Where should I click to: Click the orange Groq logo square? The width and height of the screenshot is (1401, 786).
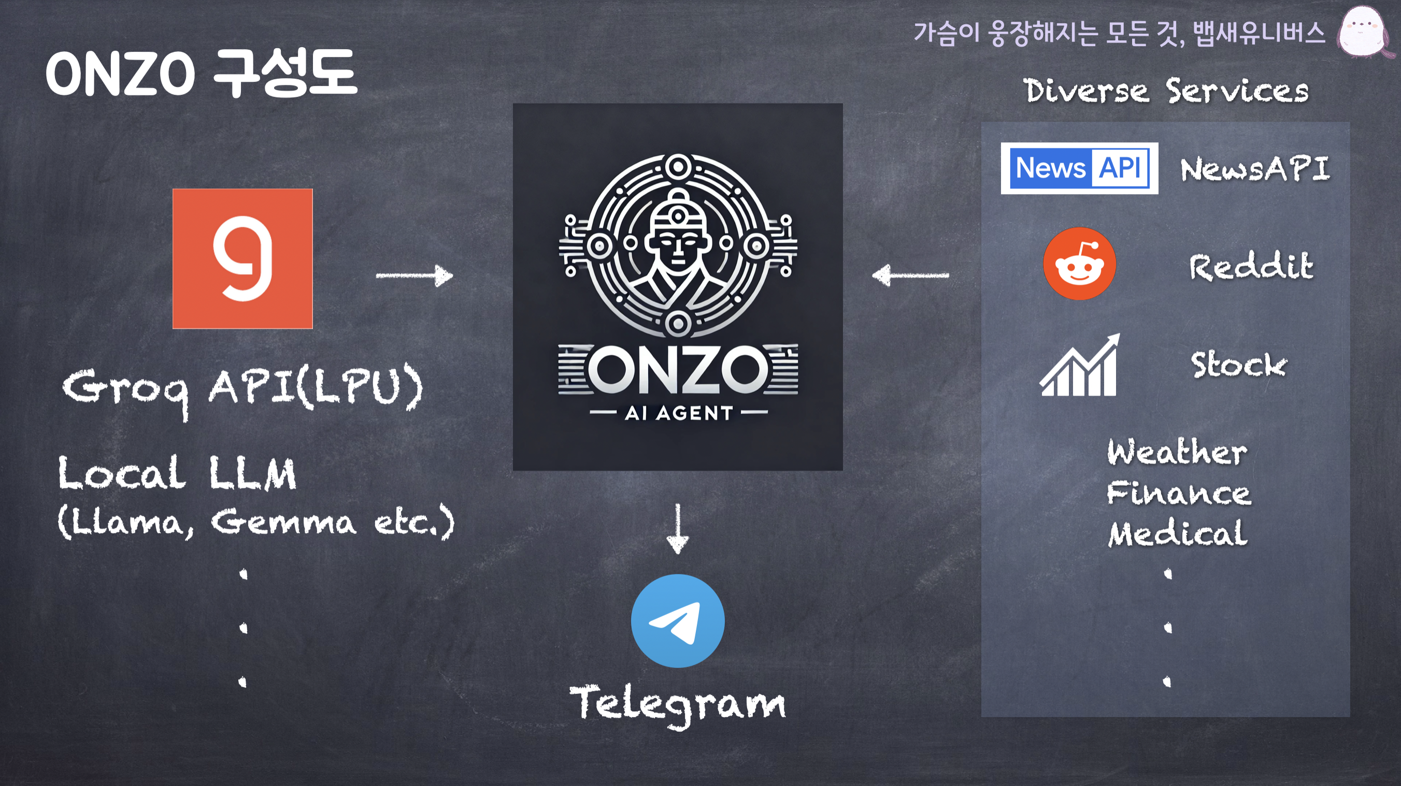tap(242, 259)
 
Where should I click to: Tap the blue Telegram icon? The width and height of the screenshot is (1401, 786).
tap(678, 621)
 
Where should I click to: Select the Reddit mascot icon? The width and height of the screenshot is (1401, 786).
tap(1080, 264)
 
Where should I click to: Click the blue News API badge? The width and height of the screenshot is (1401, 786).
tap(1079, 168)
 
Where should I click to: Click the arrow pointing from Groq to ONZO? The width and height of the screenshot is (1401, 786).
tap(414, 275)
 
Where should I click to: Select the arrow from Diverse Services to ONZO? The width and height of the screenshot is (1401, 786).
tap(910, 275)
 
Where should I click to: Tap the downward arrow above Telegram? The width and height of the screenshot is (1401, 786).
tap(678, 529)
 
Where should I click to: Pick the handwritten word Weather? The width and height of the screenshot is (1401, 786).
tap(1178, 452)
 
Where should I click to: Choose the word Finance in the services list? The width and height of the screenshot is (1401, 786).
tap(1179, 493)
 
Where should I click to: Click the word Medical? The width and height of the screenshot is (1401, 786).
tap(1178, 534)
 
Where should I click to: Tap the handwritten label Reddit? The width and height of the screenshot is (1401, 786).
tap(1251, 266)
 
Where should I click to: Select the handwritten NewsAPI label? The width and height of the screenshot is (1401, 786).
tap(1255, 169)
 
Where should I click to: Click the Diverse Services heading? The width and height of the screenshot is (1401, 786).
tap(1166, 91)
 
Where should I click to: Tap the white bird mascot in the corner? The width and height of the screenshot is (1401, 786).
tap(1362, 31)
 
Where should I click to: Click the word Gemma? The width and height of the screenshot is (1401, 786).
tap(283, 522)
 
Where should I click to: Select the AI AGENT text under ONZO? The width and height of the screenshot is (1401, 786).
tap(679, 413)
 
